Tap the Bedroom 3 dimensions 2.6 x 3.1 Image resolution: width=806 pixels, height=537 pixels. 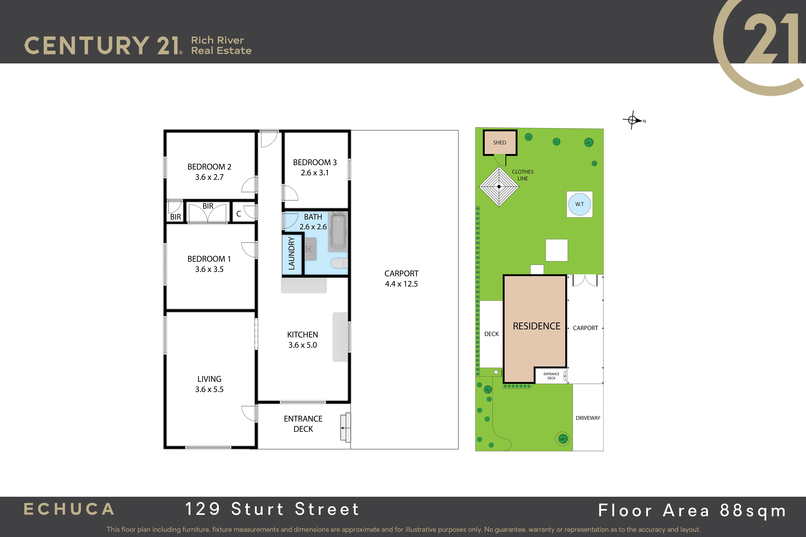pyautogui.click(x=315, y=173)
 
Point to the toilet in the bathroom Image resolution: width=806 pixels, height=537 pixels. pyautogui.click(x=339, y=263)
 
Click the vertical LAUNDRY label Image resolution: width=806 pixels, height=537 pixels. pyautogui.click(x=292, y=253)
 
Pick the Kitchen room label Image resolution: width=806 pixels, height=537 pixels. pyautogui.click(x=303, y=335)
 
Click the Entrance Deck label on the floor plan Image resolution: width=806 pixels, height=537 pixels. pyautogui.click(x=303, y=424)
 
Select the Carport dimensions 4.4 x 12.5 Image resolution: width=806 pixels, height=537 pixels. pyautogui.click(x=401, y=284)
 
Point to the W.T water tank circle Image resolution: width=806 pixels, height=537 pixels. pyautogui.click(x=580, y=204)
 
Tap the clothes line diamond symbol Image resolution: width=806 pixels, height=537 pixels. pyautogui.click(x=499, y=187)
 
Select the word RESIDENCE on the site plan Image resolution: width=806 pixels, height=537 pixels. pyautogui.click(x=537, y=326)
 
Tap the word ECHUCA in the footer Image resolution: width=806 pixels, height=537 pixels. pyautogui.click(x=69, y=509)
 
